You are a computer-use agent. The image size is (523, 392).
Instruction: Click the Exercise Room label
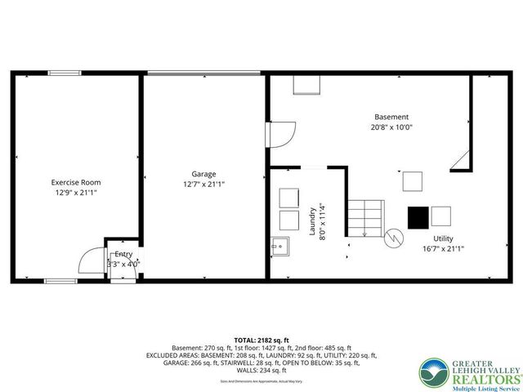pyautogui.click(x=76, y=182)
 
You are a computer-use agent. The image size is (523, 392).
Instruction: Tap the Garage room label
pyautogui.click(x=203, y=174)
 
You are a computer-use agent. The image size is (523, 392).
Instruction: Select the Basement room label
pyautogui.click(x=391, y=117)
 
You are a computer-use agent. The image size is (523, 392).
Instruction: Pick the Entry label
pyautogui.click(x=123, y=255)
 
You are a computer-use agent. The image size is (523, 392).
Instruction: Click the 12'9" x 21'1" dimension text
pyautogui.click(x=76, y=194)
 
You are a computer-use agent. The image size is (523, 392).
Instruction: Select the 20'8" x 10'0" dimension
pyautogui.click(x=391, y=127)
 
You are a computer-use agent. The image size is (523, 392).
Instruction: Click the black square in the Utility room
pyautogui.click(x=418, y=217)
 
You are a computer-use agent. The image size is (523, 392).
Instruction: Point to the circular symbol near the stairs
pyautogui.click(x=394, y=238)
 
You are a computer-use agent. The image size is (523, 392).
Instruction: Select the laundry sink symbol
pyautogui.click(x=280, y=245)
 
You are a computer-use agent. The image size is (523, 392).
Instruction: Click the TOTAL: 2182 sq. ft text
pyautogui.click(x=261, y=340)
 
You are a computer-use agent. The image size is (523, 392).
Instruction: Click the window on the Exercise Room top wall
pyautogui.click(x=61, y=73)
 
